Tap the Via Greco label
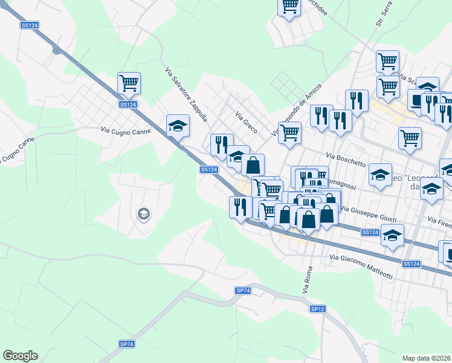click(x=246, y=123)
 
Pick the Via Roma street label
click(x=306, y=280)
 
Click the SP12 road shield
click(x=318, y=309)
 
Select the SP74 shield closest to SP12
click(x=243, y=291)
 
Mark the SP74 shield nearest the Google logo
click(x=127, y=344)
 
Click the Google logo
click(x=20, y=356)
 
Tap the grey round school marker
click(x=143, y=213)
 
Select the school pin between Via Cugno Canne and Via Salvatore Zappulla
click(x=178, y=126)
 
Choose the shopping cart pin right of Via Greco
click(x=289, y=132)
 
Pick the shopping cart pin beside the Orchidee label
click(x=289, y=6)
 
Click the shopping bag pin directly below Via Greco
click(x=253, y=165)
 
